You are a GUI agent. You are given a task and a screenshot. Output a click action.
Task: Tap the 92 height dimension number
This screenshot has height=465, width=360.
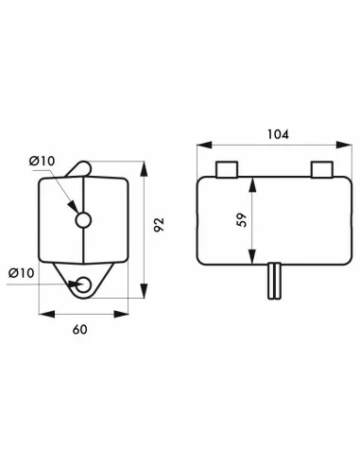(159, 225)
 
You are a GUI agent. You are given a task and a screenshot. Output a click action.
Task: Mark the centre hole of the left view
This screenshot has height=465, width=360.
(83, 220)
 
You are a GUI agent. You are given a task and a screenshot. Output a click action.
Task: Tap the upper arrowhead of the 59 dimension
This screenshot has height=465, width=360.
(251, 182)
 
